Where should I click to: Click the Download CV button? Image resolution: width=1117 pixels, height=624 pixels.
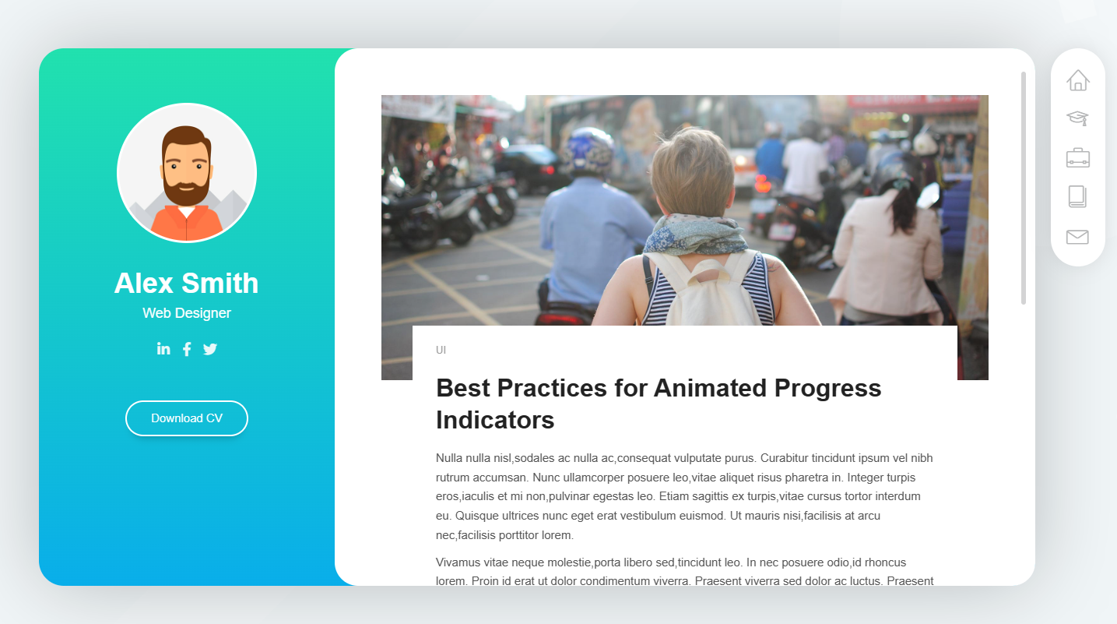coord(187,418)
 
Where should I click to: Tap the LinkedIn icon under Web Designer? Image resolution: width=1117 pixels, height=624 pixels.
coord(163,348)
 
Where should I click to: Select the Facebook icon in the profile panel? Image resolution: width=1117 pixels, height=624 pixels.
coord(187,349)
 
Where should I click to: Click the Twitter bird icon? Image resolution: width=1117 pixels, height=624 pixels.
coord(210,349)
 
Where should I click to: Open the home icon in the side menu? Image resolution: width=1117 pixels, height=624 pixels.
coord(1078,80)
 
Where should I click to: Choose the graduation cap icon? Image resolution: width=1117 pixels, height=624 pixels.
coord(1077,118)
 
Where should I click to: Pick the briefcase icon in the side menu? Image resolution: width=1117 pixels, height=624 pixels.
coord(1078,157)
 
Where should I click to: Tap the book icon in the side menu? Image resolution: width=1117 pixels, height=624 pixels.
coord(1077,196)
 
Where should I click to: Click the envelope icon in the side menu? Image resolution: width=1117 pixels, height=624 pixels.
coord(1077,237)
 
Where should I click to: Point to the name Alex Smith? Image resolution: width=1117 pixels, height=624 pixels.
coord(187,283)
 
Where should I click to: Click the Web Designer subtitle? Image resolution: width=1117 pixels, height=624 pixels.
coord(187,313)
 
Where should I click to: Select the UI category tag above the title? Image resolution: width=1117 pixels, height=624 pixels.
coord(441,350)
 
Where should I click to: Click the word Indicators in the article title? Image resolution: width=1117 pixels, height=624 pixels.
coord(495,420)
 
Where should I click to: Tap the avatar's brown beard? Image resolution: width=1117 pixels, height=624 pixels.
coord(187,190)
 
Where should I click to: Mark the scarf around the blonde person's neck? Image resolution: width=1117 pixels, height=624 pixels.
coord(694,234)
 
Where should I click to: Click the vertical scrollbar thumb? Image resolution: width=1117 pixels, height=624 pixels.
coord(1024,188)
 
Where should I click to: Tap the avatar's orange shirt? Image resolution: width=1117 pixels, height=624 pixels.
coord(187,224)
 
